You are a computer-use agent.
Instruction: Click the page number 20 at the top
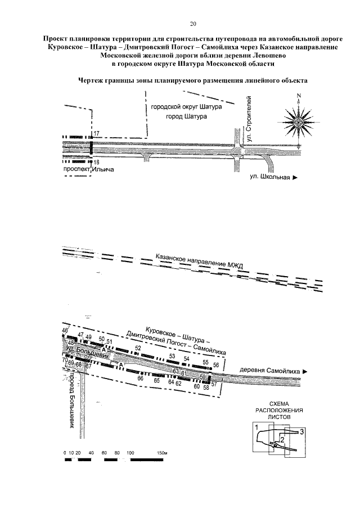click(x=193, y=24)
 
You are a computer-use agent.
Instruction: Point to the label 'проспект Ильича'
click(x=85, y=168)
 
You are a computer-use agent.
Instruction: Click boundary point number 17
click(x=97, y=133)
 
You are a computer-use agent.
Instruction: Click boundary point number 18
click(x=96, y=162)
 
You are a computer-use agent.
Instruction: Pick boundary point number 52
click(x=138, y=348)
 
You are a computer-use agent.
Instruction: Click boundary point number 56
click(x=216, y=365)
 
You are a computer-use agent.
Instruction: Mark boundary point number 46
click(x=64, y=331)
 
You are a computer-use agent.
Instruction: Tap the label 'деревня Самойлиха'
click(x=271, y=371)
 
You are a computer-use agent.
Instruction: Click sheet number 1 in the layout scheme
click(x=256, y=429)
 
